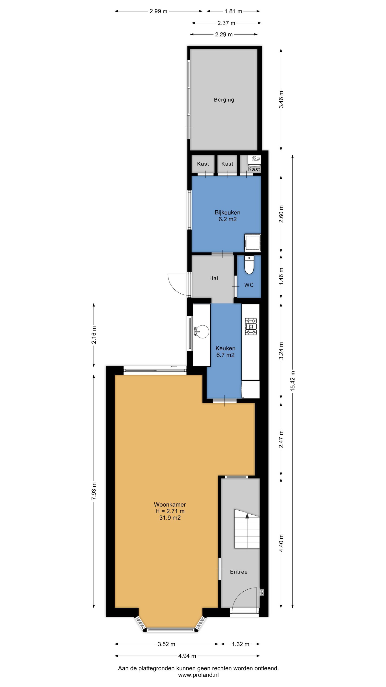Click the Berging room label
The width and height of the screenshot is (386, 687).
224,100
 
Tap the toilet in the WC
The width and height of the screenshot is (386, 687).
249,265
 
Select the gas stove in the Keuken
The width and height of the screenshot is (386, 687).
251,326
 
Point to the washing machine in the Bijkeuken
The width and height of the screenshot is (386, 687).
252,242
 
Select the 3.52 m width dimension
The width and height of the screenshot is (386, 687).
167,644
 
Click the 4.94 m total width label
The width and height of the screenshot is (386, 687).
187,656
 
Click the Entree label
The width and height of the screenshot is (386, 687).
239,572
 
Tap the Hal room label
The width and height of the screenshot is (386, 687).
214,278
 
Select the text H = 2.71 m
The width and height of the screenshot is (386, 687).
170,511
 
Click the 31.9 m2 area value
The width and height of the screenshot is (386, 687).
170,518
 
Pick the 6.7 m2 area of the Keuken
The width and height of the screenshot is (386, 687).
225,355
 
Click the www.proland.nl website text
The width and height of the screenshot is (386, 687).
198,675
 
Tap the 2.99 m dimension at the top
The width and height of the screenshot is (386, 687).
158,11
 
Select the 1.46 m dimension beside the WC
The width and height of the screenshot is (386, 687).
281,276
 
